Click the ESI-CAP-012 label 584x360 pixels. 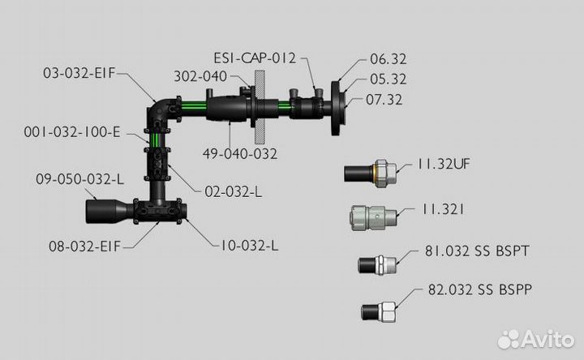[255, 58]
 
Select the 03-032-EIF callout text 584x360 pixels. [79, 73]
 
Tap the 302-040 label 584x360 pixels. [200, 76]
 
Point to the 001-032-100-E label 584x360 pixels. [72, 132]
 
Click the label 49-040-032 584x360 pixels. [240, 154]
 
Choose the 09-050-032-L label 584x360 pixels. [79, 179]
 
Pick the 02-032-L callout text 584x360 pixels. [233, 191]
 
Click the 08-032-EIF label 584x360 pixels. [85, 246]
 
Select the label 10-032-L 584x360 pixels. [250, 246]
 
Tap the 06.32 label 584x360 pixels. [388, 59]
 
